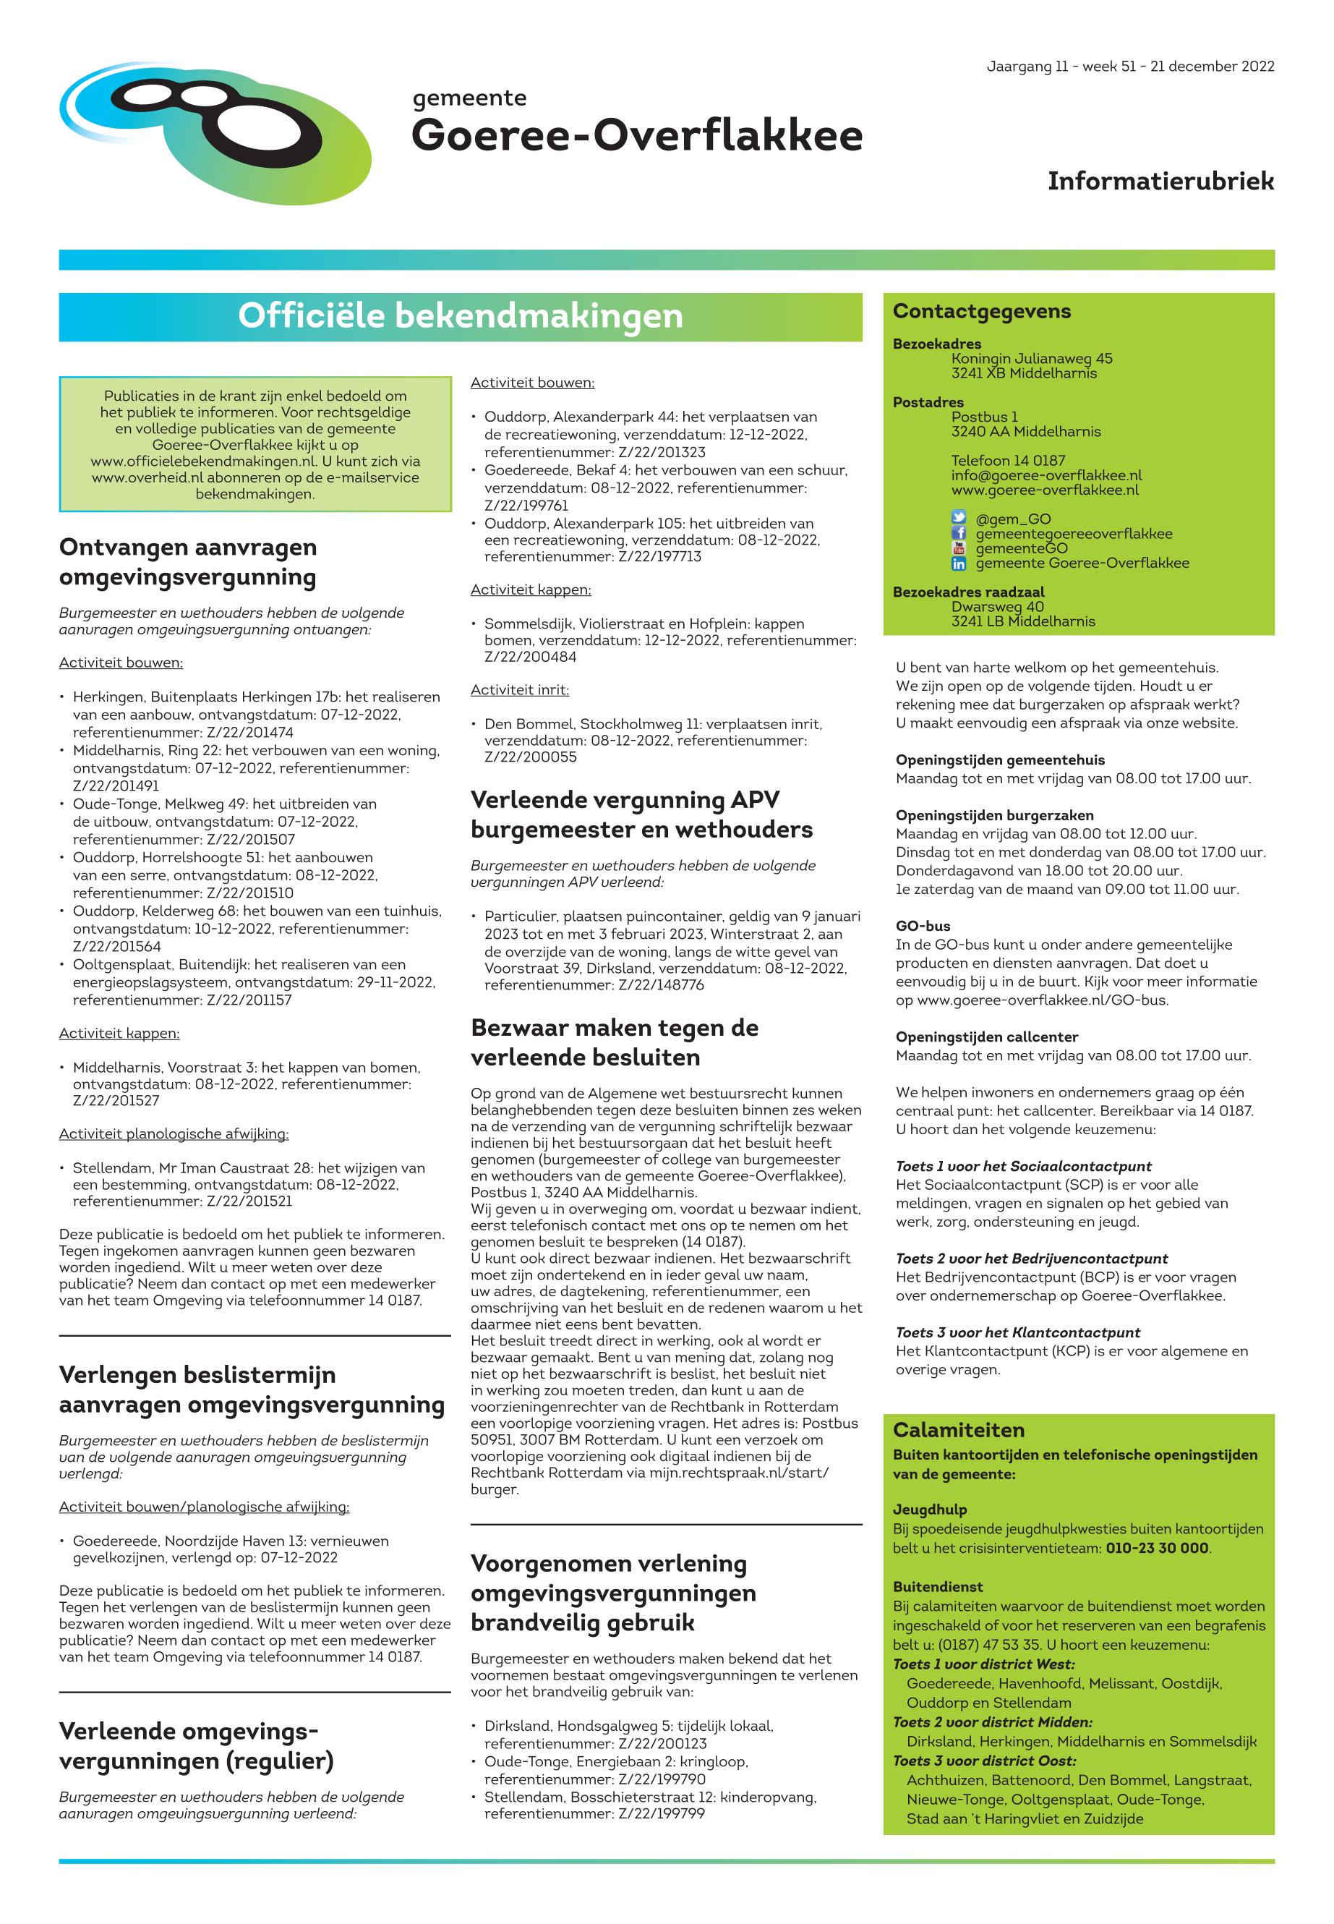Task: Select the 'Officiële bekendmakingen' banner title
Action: click(460, 316)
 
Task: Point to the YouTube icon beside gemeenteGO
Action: click(959, 548)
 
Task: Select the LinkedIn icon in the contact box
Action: click(959, 563)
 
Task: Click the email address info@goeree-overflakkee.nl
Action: click(1046, 475)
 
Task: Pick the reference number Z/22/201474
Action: click(250, 733)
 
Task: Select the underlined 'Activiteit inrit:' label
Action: click(519, 690)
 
